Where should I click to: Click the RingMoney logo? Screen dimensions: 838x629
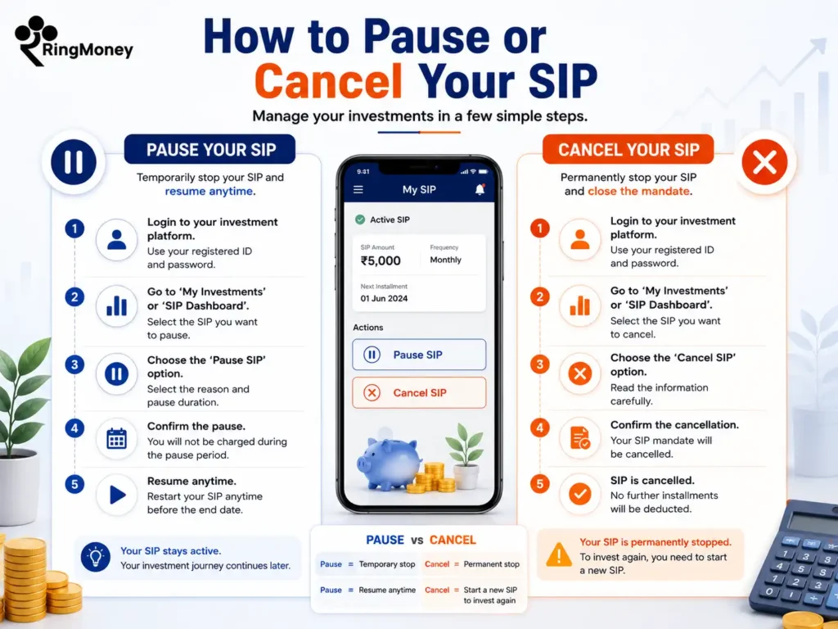tap(74, 42)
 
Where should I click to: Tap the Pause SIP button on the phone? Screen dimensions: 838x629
tap(419, 355)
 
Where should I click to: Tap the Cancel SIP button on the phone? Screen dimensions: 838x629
tap(419, 392)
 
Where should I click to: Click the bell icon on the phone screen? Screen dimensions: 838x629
tap(480, 189)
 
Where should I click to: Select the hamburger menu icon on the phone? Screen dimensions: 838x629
tap(358, 189)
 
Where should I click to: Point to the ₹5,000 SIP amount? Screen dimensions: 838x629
tap(381, 261)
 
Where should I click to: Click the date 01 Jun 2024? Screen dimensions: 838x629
tap(384, 298)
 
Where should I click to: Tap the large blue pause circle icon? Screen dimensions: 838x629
tap(74, 162)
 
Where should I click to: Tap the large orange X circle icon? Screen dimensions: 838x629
tap(765, 162)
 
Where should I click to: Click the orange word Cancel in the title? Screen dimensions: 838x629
tap(328, 81)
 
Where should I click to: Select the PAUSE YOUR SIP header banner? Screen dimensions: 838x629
tap(209, 149)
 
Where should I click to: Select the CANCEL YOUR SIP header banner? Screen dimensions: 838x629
tap(628, 149)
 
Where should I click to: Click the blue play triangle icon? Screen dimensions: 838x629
tap(118, 495)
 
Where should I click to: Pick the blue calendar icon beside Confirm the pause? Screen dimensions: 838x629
tap(116, 439)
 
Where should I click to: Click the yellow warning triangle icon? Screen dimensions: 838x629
tap(559, 554)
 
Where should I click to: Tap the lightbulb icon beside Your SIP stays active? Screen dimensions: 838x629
tap(96, 557)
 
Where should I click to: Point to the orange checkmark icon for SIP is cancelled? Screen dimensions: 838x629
tap(580, 494)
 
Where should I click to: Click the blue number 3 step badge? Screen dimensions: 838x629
tap(74, 364)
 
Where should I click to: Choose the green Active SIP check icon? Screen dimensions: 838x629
tap(360, 219)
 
